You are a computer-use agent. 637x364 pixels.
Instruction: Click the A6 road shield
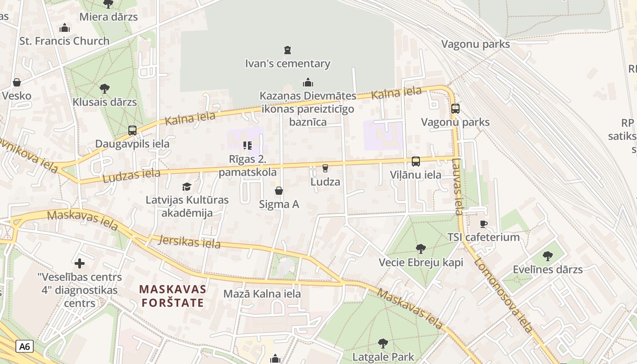click(25, 346)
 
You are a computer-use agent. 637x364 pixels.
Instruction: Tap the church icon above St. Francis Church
click(65, 28)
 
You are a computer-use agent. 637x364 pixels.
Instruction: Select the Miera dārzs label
click(108, 17)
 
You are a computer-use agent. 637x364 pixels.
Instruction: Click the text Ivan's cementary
click(288, 64)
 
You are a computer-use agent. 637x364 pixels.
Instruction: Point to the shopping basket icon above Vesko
click(17, 82)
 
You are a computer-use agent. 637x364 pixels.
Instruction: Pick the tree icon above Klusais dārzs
click(105, 88)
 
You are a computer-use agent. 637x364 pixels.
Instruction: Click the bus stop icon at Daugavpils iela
click(132, 131)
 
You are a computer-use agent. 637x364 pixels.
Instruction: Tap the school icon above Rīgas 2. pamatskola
click(248, 146)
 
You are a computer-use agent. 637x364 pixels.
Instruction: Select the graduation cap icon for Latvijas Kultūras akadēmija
click(187, 187)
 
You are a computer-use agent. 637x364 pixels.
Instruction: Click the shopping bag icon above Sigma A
click(279, 191)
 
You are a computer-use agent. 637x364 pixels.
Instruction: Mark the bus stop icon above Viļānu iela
click(415, 162)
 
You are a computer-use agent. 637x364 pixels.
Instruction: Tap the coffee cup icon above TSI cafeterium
click(483, 224)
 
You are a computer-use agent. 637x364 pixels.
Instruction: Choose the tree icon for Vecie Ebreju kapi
click(421, 249)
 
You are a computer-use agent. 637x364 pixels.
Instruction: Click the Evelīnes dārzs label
click(547, 269)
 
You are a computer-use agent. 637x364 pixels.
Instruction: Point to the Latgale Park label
click(383, 357)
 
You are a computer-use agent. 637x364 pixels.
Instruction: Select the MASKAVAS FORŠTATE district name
click(172, 296)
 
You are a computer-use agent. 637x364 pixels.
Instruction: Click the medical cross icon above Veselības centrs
click(80, 263)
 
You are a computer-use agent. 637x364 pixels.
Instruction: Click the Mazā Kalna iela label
click(262, 294)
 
